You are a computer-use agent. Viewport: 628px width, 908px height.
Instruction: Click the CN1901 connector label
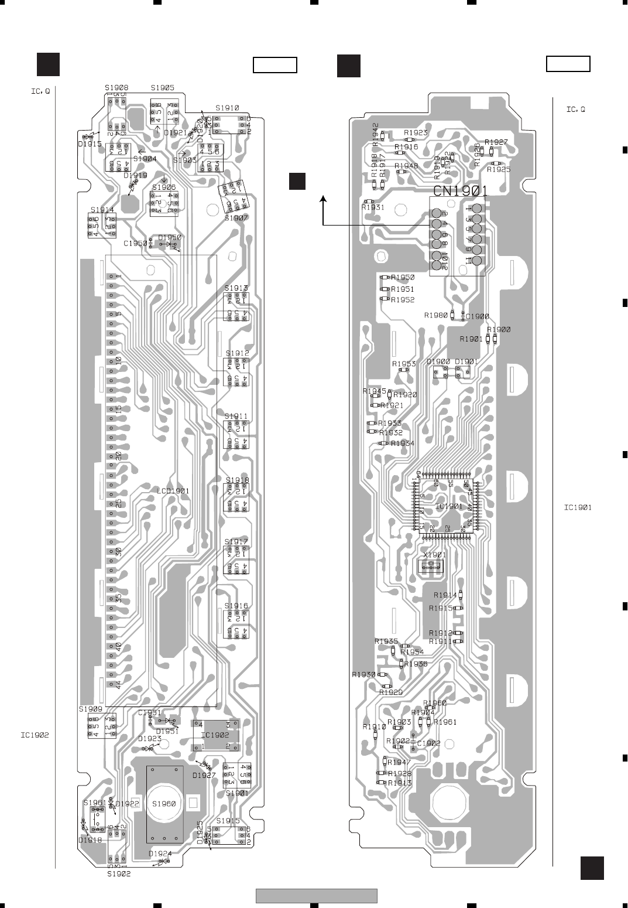pos(460,191)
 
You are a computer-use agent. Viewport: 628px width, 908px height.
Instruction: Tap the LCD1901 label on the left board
pos(173,490)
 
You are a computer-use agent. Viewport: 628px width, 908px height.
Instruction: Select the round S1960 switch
pos(164,804)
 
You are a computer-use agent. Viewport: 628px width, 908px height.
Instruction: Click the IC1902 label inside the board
pos(215,735)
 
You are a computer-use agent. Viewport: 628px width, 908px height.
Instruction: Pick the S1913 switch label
pos(236,288)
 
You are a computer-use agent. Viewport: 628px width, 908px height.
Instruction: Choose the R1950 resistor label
pos(403,278)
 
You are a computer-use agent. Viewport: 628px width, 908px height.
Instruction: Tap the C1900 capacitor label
pos(477,316)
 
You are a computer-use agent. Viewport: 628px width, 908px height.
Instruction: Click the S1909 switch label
pos(91,709)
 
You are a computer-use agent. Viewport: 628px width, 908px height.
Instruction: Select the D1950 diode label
pos(170,238)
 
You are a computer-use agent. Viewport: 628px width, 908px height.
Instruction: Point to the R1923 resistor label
pos(416,133)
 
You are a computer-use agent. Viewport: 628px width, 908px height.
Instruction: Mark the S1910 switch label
pos(227,108)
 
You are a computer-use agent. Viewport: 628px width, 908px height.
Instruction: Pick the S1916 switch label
pos(236,606)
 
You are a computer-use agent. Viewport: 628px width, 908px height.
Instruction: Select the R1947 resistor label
pos(399,762)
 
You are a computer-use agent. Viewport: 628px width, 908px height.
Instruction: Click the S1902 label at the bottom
pos(119,873)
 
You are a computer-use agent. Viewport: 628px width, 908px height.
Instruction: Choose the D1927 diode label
pos(204,775)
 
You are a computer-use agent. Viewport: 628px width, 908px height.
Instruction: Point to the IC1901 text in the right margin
pos(578,508)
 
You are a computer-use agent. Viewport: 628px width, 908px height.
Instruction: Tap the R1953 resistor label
pos(404,364)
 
